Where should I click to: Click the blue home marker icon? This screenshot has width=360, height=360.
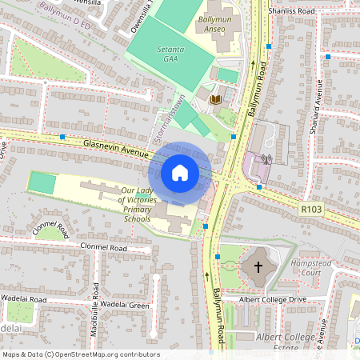tap(180, 172)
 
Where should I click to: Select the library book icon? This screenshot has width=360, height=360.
tap(215, 99)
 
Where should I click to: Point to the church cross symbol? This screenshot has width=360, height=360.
tap(258, 266)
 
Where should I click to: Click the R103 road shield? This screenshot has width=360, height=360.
tap(311, 209)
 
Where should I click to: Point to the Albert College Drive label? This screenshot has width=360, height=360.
tap(273, 299)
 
